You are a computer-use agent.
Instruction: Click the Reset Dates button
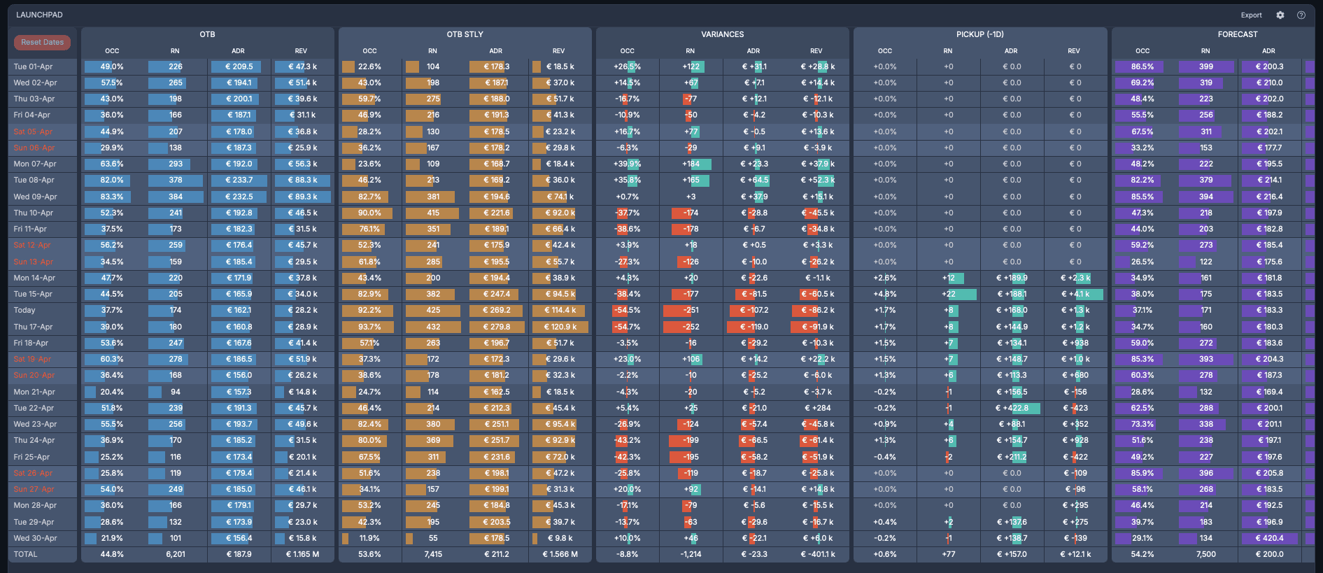pos(42,43)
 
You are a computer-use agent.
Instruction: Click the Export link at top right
pos(1251,15)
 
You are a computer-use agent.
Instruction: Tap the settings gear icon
pos(1280,15)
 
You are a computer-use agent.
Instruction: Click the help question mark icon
pos(1301,15)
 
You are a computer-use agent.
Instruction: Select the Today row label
pos(24,311)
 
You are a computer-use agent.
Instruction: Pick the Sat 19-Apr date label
pos(33,360)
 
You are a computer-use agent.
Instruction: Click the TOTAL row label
pos(26,555)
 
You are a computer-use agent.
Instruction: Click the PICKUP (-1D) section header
pos(979,34)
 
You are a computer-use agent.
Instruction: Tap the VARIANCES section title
pos(722,34)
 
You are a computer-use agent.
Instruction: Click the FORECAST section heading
pos(1237,34)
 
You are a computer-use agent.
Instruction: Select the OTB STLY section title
pos(465,34)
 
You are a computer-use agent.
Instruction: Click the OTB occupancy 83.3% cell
pos(112,197)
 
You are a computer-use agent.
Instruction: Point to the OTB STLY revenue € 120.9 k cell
pos(560,327)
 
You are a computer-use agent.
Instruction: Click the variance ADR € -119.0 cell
pos(754,327)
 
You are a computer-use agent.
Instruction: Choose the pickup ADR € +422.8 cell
pos(1012,409)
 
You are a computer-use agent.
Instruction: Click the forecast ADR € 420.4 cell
pos(1269,539)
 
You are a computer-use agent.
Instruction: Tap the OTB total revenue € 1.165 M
pos(302,555)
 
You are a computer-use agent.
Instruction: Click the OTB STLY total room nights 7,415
pos(433,555)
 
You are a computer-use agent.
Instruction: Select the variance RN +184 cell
pos(691,164)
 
